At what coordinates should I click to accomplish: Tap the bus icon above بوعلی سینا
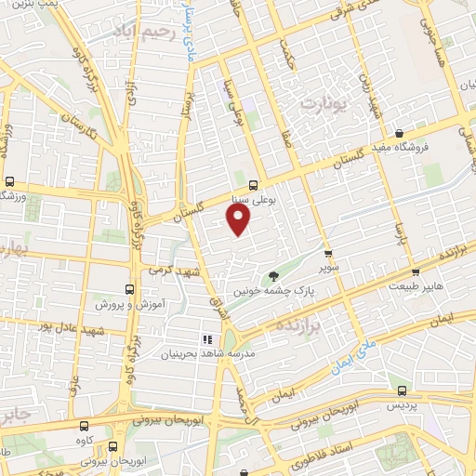pyautogui.click(x=254, y=183)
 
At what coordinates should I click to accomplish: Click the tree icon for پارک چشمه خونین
pyautogui.click(x=273, y=275)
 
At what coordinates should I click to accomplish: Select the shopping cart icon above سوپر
pyautogui.click(x=327, y=252)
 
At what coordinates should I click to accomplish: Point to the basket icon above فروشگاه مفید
pyautogui.click(x=399, y=132)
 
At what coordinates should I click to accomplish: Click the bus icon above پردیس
pyautogui.click(x=401, y=391)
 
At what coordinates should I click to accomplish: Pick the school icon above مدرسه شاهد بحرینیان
pyautogui.click(x=208, y=338)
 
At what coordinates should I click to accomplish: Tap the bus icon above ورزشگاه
pyautogui.click(x=9, y=181)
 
